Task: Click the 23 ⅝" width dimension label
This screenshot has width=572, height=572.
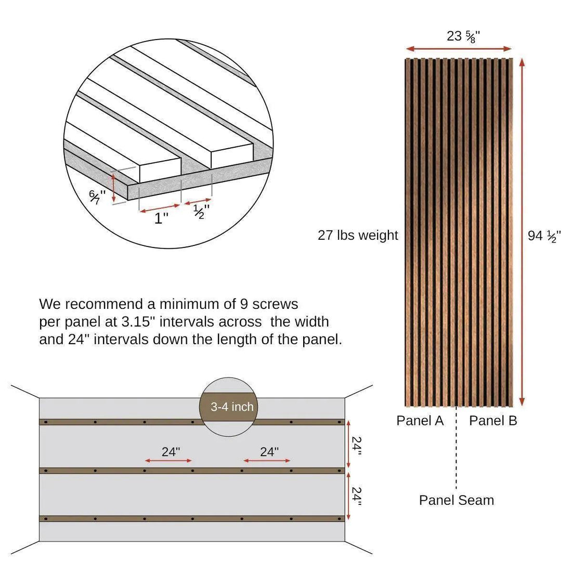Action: (x=463, y=36)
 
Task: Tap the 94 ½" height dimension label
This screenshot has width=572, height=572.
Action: (x=544, y=236)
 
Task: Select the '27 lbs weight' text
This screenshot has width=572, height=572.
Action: (x=358, y=235)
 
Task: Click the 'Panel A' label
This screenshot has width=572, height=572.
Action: (x=420, y=421)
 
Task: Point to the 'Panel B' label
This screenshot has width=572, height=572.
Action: (x=493, y=421)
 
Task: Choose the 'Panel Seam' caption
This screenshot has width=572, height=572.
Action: (x=457, y=500)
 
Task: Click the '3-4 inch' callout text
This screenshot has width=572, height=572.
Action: (x=232, y=407)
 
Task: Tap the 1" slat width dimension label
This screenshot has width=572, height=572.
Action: (x=162, y=218)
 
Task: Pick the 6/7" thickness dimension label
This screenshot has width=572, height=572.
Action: (x=97, y=197)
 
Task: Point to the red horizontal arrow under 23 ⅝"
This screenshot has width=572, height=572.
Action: (x=459, y=49)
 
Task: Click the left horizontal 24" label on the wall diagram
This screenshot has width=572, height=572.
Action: (x=171, y=451)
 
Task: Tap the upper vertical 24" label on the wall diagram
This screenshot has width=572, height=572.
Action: (x=356, y=445)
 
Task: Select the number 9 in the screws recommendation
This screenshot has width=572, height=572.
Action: (x=244, y=304)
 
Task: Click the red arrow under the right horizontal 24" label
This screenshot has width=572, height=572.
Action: (x=267, y=461)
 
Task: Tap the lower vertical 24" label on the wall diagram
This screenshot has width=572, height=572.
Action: (x=356, y=496)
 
